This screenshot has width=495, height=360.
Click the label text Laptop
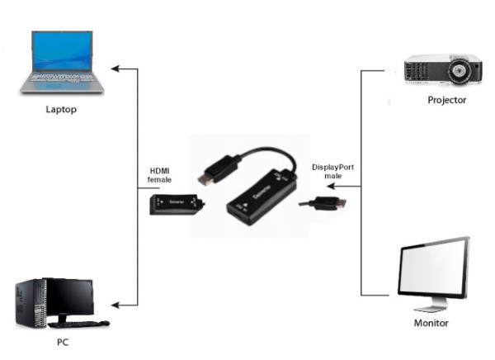click(61, 109)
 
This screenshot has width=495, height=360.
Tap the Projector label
click(447, 101)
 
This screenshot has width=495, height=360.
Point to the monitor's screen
click(431, 268)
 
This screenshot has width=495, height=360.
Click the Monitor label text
click(431, 323)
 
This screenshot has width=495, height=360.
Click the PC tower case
click(31, 302)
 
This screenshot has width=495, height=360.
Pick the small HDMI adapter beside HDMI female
click(175, 202)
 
